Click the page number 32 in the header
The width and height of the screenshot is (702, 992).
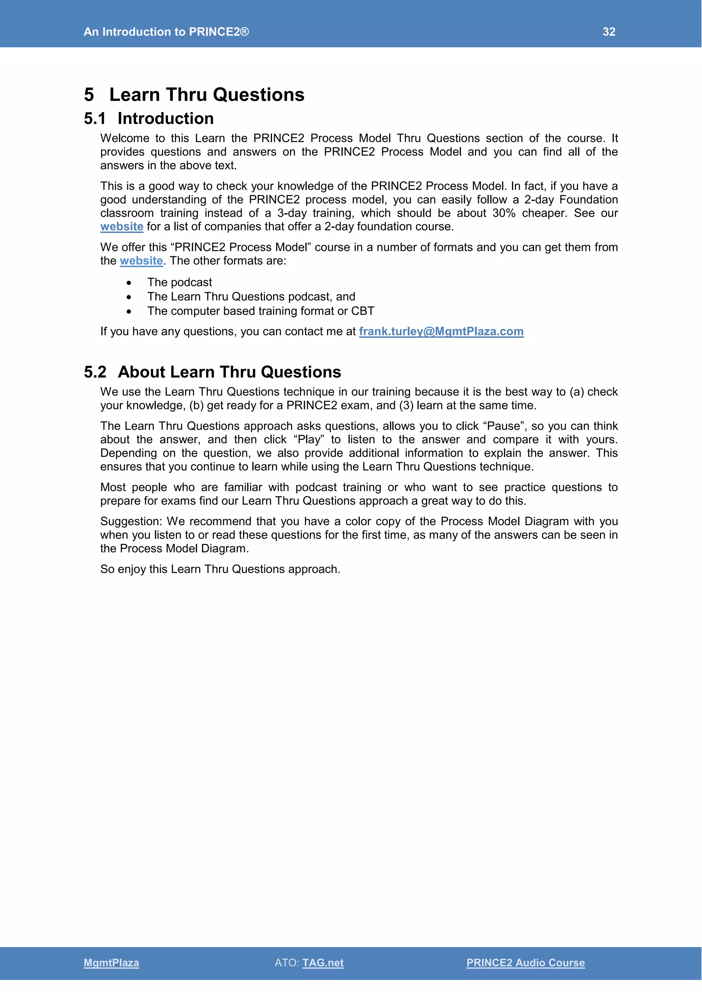point(609,32)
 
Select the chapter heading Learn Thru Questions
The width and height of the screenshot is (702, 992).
point(207,95)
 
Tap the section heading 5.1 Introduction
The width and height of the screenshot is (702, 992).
point(149,119)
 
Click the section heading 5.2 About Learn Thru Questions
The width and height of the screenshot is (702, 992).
point(212,372)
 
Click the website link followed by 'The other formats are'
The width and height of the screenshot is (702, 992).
point(141,261)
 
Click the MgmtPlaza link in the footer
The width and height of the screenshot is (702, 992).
point(111,963)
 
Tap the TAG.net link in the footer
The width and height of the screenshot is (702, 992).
point(323,963)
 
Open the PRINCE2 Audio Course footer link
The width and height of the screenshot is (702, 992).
point(525,963)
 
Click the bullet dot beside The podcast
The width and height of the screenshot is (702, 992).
point(129,283)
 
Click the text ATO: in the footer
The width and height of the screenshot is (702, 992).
point(287,963)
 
